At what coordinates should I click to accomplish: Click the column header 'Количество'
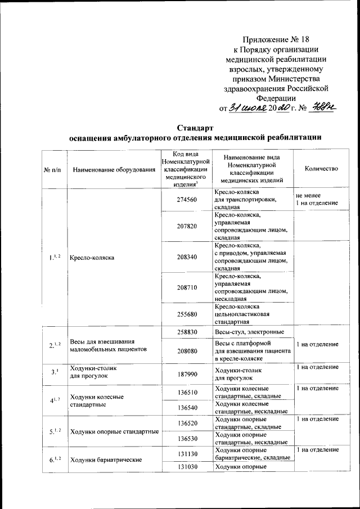(x=321, y=169)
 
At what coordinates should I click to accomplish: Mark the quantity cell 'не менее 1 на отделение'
(x=316, y=199)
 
